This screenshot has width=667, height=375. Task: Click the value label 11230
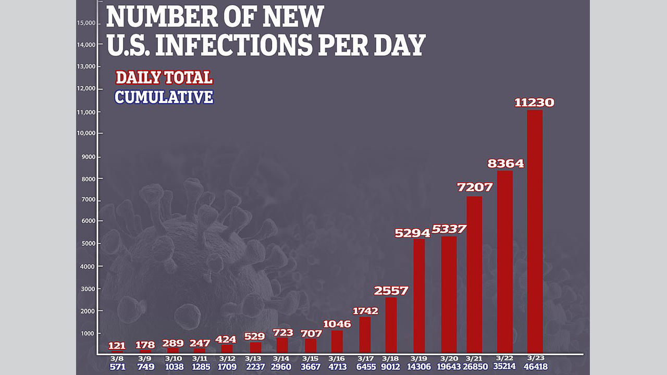(534, 103)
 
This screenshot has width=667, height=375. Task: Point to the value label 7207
(475, 187)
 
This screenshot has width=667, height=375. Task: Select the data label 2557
(391, 291)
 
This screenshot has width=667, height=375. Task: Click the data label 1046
(337, 324)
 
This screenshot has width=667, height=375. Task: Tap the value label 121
(117, 345)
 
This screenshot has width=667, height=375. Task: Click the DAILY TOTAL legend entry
(164, 78)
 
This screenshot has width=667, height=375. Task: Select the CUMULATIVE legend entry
(164, 97)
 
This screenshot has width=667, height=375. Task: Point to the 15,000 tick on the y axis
(86, 23)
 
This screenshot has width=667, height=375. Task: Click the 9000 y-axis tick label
(88, 157)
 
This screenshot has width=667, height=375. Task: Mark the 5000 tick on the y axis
(88, 244)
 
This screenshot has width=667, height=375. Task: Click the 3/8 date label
(117, 358)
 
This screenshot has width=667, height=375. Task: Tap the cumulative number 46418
(535, 367)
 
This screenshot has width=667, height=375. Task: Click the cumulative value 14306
(419, 367)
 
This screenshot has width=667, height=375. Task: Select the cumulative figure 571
(117, 367)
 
